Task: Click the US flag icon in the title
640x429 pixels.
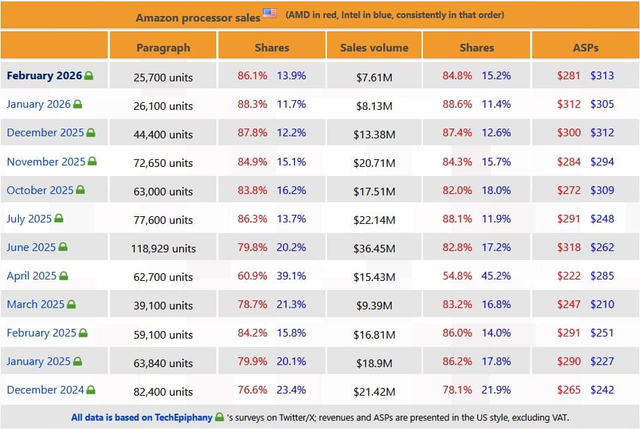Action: (270, 14)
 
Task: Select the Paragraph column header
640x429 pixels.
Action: (163, 47)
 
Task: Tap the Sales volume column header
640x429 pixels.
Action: (374, 47)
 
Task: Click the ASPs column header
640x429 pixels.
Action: (585, 47)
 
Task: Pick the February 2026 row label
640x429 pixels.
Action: (45, 76)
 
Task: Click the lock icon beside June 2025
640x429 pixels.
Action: (63, 247)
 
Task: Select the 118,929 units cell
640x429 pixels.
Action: (163, 248)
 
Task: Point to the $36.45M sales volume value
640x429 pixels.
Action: (374, 248)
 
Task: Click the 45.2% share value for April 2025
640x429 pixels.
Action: (496, 276)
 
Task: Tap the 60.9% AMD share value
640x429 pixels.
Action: (252, 276)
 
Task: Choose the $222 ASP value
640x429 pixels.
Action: (569, 276)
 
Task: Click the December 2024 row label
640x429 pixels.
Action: (45, 390)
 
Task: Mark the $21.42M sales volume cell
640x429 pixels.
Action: (374, 391)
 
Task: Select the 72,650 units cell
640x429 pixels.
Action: (163, 163)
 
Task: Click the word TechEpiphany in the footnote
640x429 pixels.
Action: (177, 418)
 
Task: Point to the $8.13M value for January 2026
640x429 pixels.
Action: (374, 106)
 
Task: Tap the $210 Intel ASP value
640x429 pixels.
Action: (602, 305)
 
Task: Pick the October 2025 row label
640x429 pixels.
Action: (40, 190)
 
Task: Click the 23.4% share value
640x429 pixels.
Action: (291, 390)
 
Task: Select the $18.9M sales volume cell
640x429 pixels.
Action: (374, 362)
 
